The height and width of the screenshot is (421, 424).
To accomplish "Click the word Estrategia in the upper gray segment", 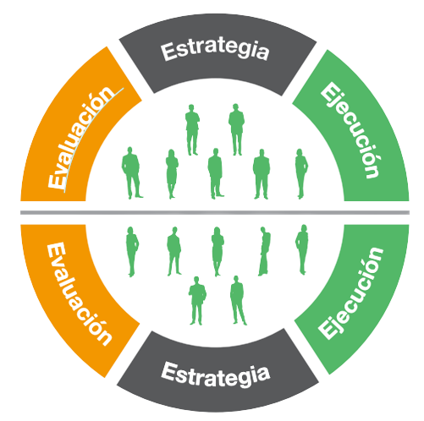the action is click(215, 51).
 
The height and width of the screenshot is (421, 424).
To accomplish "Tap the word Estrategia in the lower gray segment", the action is click(216, 375).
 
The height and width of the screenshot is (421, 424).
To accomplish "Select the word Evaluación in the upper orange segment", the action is click(81, 137).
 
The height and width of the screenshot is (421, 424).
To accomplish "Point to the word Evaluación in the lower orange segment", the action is click(79, 294).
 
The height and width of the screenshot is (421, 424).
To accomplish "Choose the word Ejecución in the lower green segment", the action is click(351, 293).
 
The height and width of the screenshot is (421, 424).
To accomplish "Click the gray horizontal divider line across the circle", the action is click(215, 212).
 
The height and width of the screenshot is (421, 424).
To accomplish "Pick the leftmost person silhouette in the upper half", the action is click(131, 172).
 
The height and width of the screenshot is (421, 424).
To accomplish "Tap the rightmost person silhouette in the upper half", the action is click(301, 173).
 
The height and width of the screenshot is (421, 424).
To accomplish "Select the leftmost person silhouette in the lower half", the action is click(132, 252).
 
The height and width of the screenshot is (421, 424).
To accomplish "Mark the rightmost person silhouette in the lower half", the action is click(302, 249).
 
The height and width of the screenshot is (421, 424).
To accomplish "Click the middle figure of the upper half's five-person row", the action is click(216, 173).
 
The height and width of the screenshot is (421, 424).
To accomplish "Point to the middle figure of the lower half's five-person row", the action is click(218, 251).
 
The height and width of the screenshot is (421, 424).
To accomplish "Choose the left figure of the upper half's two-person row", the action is click(192, 129).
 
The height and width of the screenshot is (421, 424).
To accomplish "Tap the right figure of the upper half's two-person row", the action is click(236, 129).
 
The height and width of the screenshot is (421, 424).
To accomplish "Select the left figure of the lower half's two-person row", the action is click(197, 301).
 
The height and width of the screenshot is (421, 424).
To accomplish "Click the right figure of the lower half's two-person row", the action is click(238, 300).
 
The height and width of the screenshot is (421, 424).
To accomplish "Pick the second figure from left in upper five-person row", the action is click(172, 174).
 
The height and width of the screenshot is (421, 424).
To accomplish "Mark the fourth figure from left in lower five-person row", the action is click(264, 251).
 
